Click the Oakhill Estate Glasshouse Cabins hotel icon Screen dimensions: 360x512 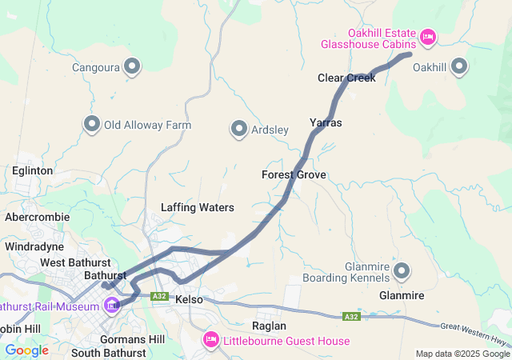(427, 37)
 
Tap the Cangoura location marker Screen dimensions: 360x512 (132, 66)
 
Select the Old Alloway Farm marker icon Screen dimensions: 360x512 (91, 124)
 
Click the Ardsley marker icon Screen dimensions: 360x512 (238, 129)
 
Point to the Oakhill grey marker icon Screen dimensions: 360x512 (460, 67)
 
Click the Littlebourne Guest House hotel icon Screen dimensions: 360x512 (212, 340)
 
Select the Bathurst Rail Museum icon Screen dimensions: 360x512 (112, 305)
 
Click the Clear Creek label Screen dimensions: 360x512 (346, 78)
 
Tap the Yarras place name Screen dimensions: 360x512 (326, 123)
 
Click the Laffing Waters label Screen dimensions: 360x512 (197, 208)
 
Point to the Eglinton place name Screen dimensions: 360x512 (33, 170)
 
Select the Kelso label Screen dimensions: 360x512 (189, 299)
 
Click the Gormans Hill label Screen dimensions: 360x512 (134, 339)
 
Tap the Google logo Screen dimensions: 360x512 (26, 350)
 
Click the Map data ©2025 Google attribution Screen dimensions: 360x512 (462, 354)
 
